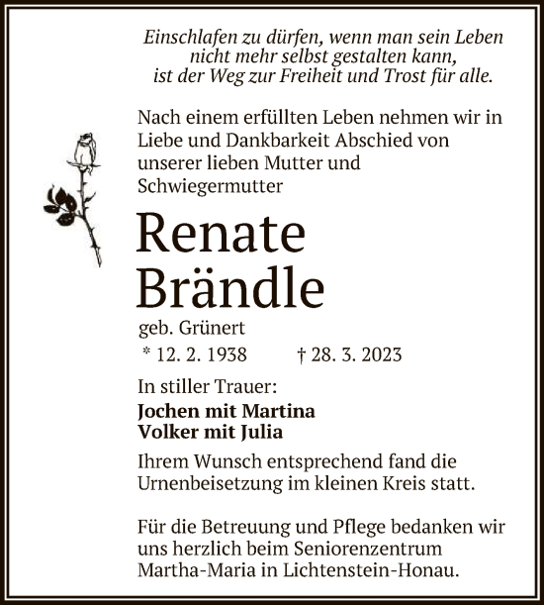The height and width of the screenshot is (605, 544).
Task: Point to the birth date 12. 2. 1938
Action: pos(194,353)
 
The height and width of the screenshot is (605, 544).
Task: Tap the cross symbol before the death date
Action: pos(301,353)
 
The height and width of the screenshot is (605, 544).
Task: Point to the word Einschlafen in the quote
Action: pos(190,36)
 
